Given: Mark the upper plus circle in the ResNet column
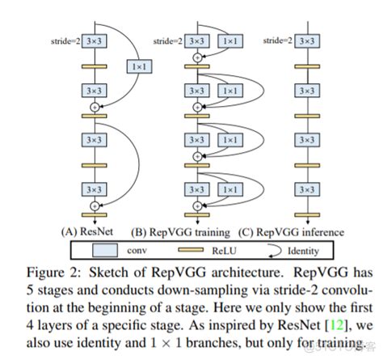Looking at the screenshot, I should point(96,106).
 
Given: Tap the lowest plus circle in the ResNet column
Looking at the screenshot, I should point(96,205).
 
